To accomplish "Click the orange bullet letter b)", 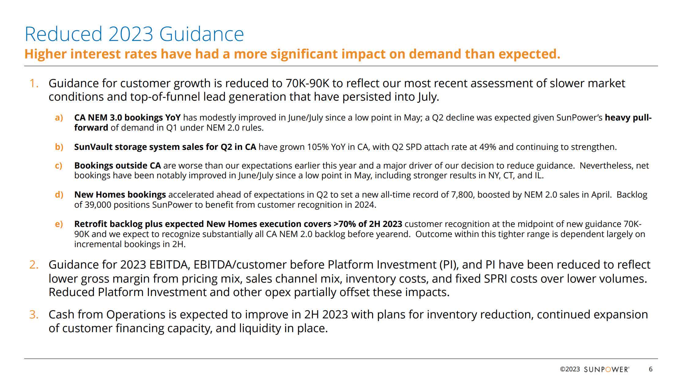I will pyautogui.click(x=59, y=147).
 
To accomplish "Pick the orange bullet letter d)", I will pyautogui.click(x=59, y=195).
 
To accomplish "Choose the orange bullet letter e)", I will pyautogui.click(x=59, y=224).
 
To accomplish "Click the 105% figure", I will pyautogui.click(x=318, y=147).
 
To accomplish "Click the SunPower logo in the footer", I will pyautogui.click(x=607, y=369).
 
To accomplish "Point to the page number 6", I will pyautogui.click(x=651, y=369).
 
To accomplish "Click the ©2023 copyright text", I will pyautogui.click(x=570, y=369).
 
